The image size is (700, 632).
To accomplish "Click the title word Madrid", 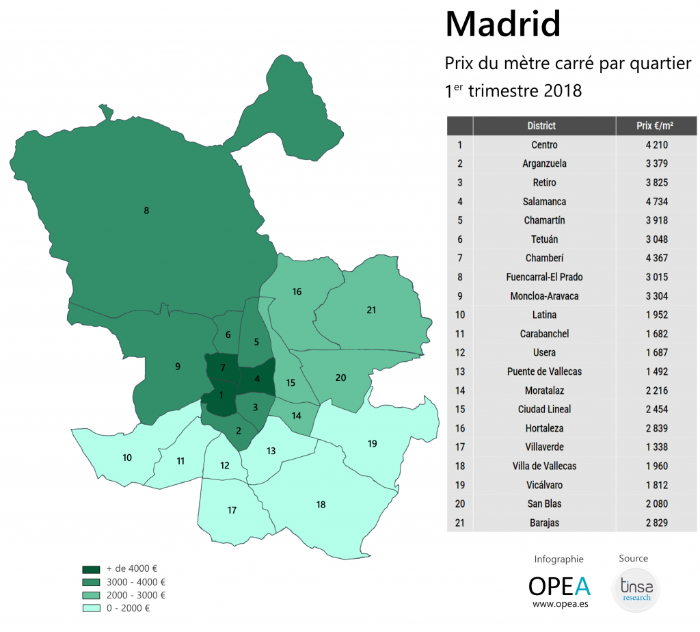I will pyautogui.click(x=502, y=25).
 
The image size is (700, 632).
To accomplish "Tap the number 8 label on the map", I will pyautogui.click(x=146, y=211).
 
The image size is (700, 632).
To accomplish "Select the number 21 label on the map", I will pyautogui.click(x=371, y=310).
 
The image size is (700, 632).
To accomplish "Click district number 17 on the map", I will pyautogui.click(x=232, y=510).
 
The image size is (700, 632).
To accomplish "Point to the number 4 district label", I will pyautogui.click(x=257, y=379).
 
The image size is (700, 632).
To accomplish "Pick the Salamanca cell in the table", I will pyautogui.click(x=544, y=202).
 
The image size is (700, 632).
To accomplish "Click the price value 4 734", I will pyautogui.click(x=656, y=202).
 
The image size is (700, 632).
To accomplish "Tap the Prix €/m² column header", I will pyautogui.click(x=656, y=126).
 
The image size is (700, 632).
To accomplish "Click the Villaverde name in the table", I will pyautogui.click(x=544, y=447).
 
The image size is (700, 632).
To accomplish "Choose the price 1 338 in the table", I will pyautogui.click(x=656, y=447).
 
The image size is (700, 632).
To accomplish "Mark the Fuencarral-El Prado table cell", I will pyautogui.click(x=544, y=277).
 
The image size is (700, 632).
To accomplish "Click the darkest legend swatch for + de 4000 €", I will pyautogui.click(x=91, y=569).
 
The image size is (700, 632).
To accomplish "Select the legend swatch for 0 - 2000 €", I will pyautogui.click(x=91, y=608).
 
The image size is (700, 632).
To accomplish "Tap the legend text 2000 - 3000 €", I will pyautogui.click(x=136, y=595).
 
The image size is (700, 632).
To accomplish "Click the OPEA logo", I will pyautogui.click(x=559, y=585).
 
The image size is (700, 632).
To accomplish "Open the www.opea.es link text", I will pyautogui.click(x=559, y=605).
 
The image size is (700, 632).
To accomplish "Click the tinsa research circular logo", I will pyautogui.click(x=636, y=588).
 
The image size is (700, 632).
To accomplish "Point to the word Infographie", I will pyautogui.click(x=559, y=559).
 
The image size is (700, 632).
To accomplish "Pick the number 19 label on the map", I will pyautogui.click(x=372, y=444).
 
